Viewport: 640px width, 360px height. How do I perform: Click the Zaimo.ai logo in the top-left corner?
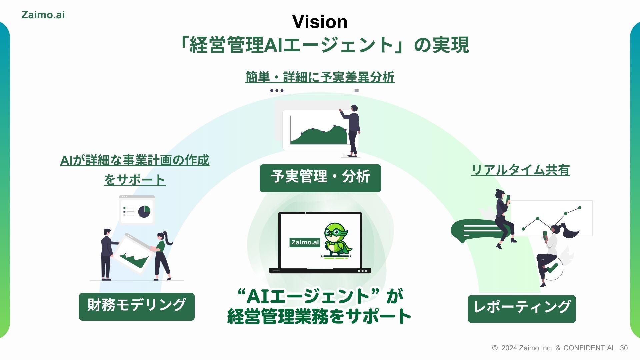[x=43, y=15]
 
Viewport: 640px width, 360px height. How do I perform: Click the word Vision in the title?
[x=320, y=22]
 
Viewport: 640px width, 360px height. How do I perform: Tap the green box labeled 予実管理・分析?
[x=320, y=178]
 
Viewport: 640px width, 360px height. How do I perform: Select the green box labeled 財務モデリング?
[x=137, y=307]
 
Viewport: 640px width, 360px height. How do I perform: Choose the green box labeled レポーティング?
[x=522, y=309]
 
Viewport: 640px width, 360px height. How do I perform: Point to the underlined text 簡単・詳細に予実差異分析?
[x=320, y=77]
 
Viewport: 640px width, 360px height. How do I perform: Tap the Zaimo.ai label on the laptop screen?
[x=305, y=242]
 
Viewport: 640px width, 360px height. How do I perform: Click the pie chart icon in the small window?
[x=144, y=211]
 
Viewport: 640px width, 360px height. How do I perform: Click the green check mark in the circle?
[x=552, y=267]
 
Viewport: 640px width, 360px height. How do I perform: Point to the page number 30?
[x=624, y=348]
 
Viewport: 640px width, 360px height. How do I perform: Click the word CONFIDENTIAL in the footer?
[x=589, y=348]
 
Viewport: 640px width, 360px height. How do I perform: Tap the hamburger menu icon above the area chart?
[x=356, y=91]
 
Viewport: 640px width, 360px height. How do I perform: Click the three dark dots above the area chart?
[x=277, y=91]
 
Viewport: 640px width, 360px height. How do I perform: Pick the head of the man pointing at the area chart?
[x=354, y=108]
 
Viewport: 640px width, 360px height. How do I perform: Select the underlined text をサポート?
[x=135, y=180]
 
